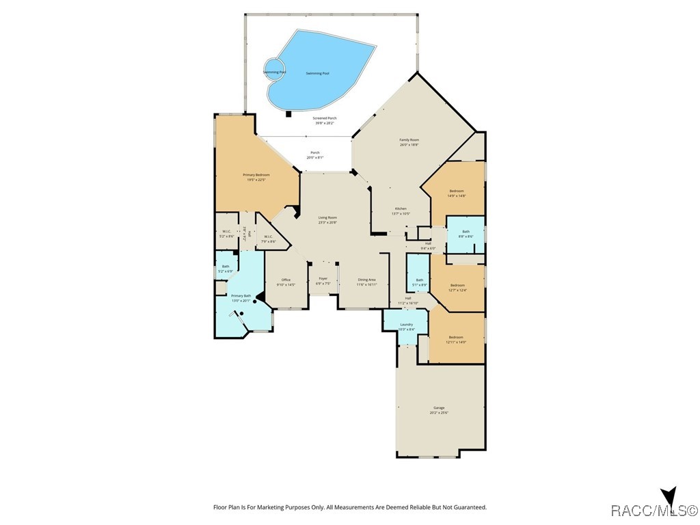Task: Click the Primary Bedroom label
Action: [x=256, y=175]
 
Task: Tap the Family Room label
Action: [x=409, y=140]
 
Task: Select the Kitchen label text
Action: [x=401, y=208]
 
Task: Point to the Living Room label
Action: [x=327, y=218]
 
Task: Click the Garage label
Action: [x=438, y=408]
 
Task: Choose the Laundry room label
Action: [x=406, y=325]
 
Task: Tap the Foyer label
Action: [x=323, y=278]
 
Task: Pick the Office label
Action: [x=286, y=280]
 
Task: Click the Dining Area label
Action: [x=366, y=280]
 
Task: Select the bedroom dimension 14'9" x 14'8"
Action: [x=457, y=196]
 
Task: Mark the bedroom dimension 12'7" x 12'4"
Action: [x=457, y=291]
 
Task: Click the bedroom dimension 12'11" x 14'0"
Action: [x=456, y=342]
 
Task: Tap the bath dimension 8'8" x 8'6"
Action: [x=466, y=237]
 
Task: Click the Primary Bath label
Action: [x=242, y=295]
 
